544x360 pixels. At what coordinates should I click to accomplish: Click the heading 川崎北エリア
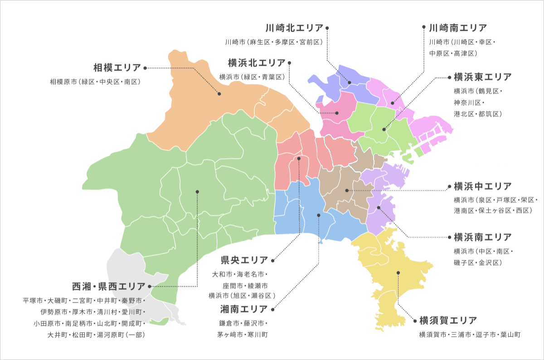point(294,28)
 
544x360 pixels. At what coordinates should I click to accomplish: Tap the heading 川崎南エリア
point(458,28)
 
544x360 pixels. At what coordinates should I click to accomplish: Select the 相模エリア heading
point(117,68)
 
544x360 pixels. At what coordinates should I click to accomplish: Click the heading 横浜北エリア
point(257,63)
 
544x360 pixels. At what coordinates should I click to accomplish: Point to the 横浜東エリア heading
point(482,77)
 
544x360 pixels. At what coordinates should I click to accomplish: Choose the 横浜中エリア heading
point(482,186)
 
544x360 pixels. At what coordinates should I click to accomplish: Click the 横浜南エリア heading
point(482,237)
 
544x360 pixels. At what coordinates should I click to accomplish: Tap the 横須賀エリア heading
point(448,321)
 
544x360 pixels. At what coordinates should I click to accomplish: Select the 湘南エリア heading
point(244,310)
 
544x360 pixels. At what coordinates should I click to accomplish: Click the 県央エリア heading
point(244,260)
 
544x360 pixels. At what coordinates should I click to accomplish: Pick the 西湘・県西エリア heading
point(109,287)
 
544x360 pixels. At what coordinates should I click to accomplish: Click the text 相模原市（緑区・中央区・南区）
point(96,82)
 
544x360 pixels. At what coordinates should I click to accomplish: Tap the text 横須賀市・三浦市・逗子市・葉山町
point(470,335)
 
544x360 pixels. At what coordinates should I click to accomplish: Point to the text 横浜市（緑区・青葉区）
point(252,77)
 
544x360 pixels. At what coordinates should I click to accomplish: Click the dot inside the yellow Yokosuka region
point(398,272)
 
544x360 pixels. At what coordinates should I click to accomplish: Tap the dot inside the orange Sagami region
point(219,94)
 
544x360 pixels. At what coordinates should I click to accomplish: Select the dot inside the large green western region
point(197,191)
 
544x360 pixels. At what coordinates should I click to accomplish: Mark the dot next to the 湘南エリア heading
point(272,310)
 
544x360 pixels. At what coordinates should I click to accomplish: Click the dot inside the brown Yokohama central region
point(347,190)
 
